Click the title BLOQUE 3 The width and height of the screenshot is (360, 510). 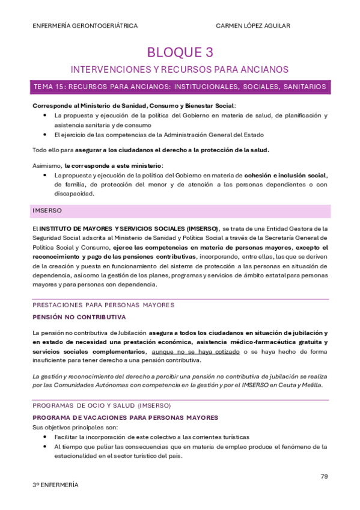(180, 52)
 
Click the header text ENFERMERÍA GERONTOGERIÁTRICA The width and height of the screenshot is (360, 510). (85, 26)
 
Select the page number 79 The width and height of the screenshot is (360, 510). (324, 476)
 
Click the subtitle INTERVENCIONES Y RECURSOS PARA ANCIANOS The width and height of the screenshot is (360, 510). (180, 69)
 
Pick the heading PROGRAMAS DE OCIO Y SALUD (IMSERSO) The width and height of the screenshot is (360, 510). (102, 405)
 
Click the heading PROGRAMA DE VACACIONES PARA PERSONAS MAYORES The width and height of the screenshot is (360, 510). (125, 417)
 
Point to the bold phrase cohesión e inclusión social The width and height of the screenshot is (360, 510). (285, 175)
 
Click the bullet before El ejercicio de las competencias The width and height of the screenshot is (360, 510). (46, 135)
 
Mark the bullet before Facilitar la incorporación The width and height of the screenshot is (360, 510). (46, 437)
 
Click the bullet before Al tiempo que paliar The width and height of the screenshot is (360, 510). (46, 447)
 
